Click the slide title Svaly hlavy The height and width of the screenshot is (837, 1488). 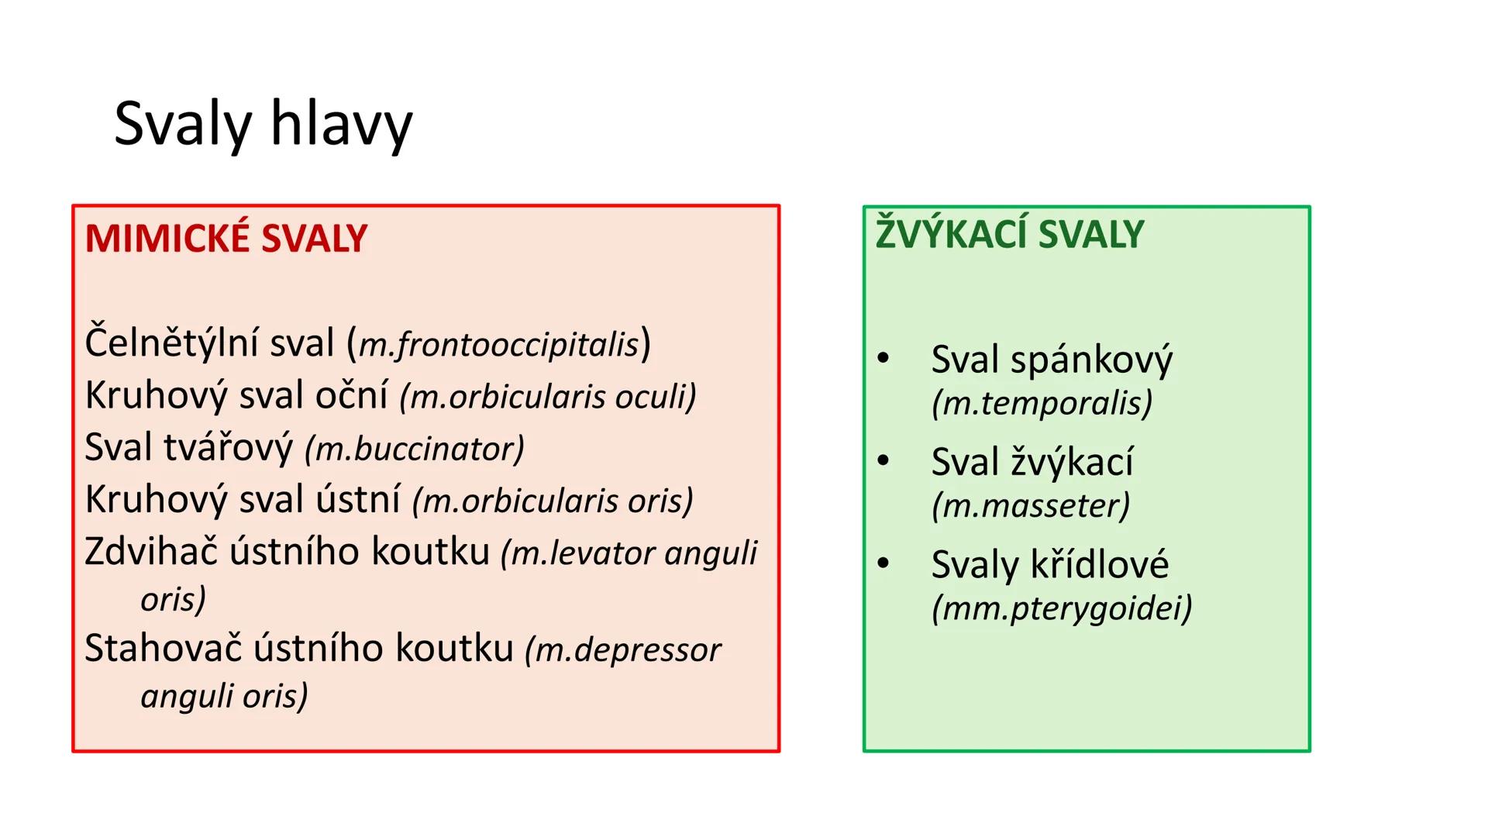click(263, 124)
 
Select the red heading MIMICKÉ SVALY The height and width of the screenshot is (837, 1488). click(226, 239)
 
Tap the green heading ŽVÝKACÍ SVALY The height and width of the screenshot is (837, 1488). click(1009, 234)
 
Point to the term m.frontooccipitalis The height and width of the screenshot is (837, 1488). click(500, 345)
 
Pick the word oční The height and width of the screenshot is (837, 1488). click(351, 395)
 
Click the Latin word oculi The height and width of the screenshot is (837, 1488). click(655, 397)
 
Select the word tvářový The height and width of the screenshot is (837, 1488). click(229, 448)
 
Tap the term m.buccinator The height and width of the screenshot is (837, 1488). click(415, 449)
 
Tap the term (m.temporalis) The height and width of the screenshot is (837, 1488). click(1042, 403)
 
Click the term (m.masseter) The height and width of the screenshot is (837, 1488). click(1031, 505)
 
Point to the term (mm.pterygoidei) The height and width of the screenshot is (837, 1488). click(1062, 608)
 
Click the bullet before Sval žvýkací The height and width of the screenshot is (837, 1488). click(883, 460)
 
